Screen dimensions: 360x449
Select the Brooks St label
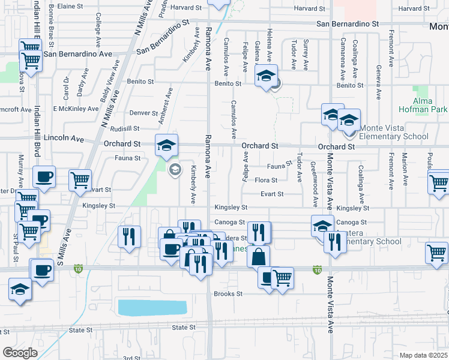click(228, 294)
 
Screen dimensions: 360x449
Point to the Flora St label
click(266, 180)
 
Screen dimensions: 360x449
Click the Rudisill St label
click(125, 128)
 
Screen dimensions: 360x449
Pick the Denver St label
click(143, 113)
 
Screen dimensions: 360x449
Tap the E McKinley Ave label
click(76, 109)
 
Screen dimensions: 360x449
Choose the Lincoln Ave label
click(68, 138)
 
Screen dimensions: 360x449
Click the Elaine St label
click(69, 6)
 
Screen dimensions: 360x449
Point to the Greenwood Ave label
click(313, 178)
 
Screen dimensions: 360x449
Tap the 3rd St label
click(131, 358)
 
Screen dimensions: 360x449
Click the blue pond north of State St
click(152, 308)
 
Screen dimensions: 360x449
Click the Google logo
click(20, 353)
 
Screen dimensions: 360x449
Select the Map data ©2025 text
click(423, 355)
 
